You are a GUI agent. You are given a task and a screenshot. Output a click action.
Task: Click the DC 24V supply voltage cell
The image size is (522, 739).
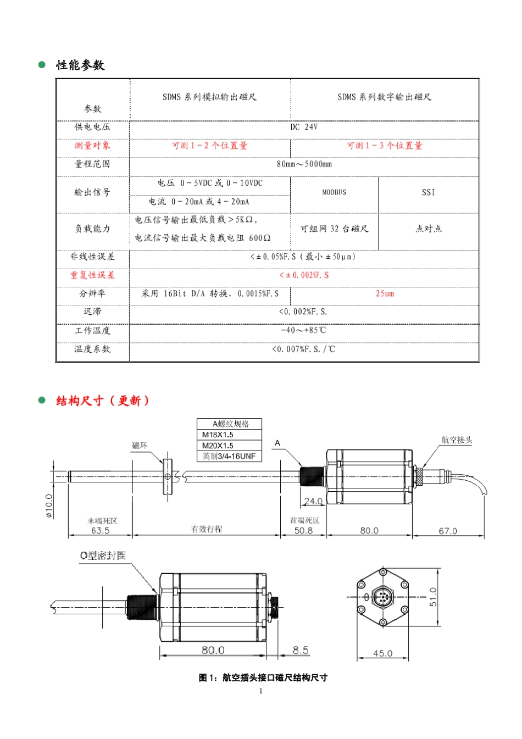point(304,127)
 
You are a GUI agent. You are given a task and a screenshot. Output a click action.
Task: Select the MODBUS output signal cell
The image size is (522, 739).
point(334,192)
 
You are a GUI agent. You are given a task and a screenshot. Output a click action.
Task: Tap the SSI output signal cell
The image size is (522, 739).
point(428,192)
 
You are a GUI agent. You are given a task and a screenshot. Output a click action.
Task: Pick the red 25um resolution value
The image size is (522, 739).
point(385,293)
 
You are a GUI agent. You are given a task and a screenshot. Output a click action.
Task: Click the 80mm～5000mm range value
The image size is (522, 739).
point(304,164)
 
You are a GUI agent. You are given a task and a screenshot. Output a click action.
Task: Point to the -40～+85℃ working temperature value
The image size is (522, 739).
point(304,330)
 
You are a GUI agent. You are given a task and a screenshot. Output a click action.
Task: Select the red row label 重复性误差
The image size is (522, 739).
point(92,275)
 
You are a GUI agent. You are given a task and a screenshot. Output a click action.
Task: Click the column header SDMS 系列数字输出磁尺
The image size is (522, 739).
point(384,97)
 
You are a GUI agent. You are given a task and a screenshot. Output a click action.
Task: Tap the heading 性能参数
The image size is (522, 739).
point(80,65)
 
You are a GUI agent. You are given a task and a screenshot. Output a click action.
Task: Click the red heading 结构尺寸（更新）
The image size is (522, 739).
point(103,401)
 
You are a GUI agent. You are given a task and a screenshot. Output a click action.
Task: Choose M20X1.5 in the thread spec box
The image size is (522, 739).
point(218,446)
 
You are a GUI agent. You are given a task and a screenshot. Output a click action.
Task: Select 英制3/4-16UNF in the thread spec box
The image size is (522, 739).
point(229,456)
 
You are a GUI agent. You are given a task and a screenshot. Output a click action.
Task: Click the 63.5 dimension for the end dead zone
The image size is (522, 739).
point(100,530)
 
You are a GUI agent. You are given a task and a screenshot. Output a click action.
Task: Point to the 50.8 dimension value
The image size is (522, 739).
point(303,530)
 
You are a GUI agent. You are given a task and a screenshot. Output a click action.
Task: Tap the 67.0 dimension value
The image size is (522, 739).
point(447,531)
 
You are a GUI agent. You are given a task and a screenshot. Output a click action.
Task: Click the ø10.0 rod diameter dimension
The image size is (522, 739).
point(49,505)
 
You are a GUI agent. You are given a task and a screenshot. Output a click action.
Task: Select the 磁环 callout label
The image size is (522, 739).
point(140,446)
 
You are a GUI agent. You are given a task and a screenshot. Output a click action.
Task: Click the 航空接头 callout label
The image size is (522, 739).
point(457,440)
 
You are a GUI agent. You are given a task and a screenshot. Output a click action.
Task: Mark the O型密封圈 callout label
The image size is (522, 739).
point(103,555)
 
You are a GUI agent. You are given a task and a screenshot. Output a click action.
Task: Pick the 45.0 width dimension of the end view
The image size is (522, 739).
point(382,653)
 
